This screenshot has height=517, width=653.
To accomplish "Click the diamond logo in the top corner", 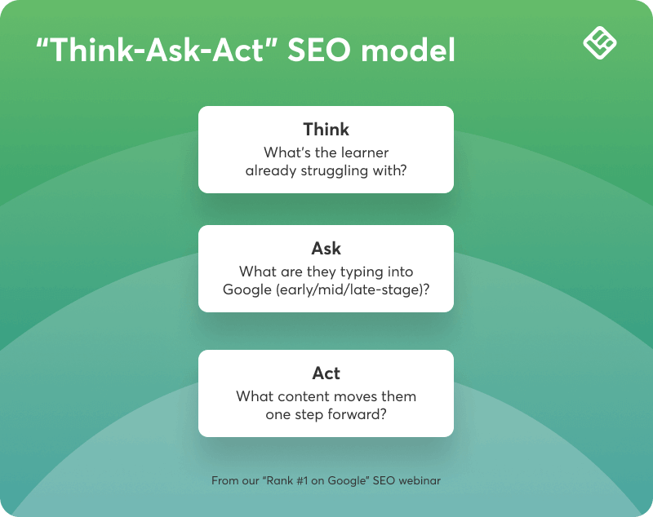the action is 600,43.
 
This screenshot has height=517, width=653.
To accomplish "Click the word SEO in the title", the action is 320,50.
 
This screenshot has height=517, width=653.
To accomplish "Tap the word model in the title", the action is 408,50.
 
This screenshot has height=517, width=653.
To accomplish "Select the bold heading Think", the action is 326,130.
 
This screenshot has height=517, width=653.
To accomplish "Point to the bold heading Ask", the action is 326,249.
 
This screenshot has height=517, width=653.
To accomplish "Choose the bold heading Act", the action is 326,373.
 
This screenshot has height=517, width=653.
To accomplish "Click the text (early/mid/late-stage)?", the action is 353,289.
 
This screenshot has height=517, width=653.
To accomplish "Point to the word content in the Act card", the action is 304,397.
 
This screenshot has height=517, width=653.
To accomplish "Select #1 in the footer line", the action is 302,481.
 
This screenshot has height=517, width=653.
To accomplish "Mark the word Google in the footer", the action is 346,481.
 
